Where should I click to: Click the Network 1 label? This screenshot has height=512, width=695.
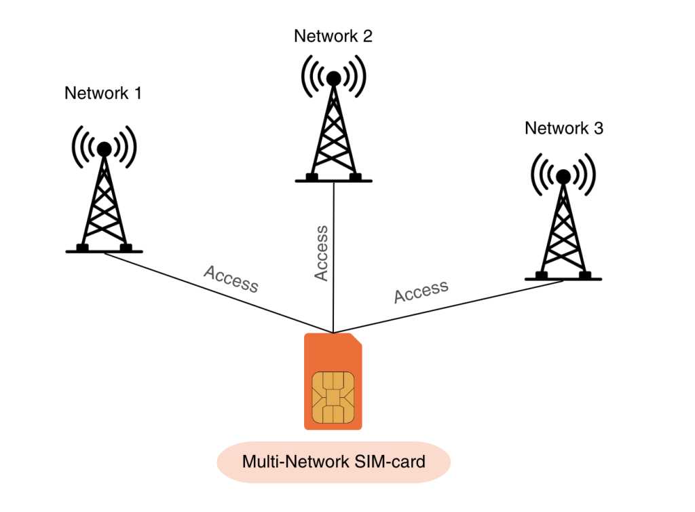coord(103,94)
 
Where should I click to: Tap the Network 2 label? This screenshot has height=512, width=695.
coord(333,36)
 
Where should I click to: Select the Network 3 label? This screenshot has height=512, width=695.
coord(563,128)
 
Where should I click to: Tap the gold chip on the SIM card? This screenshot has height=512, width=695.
coord(333,397)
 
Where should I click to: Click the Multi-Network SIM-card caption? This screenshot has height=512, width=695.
coord(333,462)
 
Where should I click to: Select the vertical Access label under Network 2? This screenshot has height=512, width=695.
coord(321,253)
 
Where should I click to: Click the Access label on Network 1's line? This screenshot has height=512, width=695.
coord(231,279)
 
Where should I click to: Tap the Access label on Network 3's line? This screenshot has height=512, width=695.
coord(421,291)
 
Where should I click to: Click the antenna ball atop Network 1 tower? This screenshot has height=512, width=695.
coord(104,149)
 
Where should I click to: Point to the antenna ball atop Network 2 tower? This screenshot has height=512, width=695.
coord(333,79)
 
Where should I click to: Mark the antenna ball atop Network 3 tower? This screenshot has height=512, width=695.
coord(563,177)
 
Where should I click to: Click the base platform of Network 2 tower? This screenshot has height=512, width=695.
coord(333,180)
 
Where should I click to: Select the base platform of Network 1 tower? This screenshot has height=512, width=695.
coord(104,250)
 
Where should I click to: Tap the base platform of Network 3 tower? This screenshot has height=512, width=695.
coord(563,277)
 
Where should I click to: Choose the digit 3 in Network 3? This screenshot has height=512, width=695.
coord(598,128)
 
